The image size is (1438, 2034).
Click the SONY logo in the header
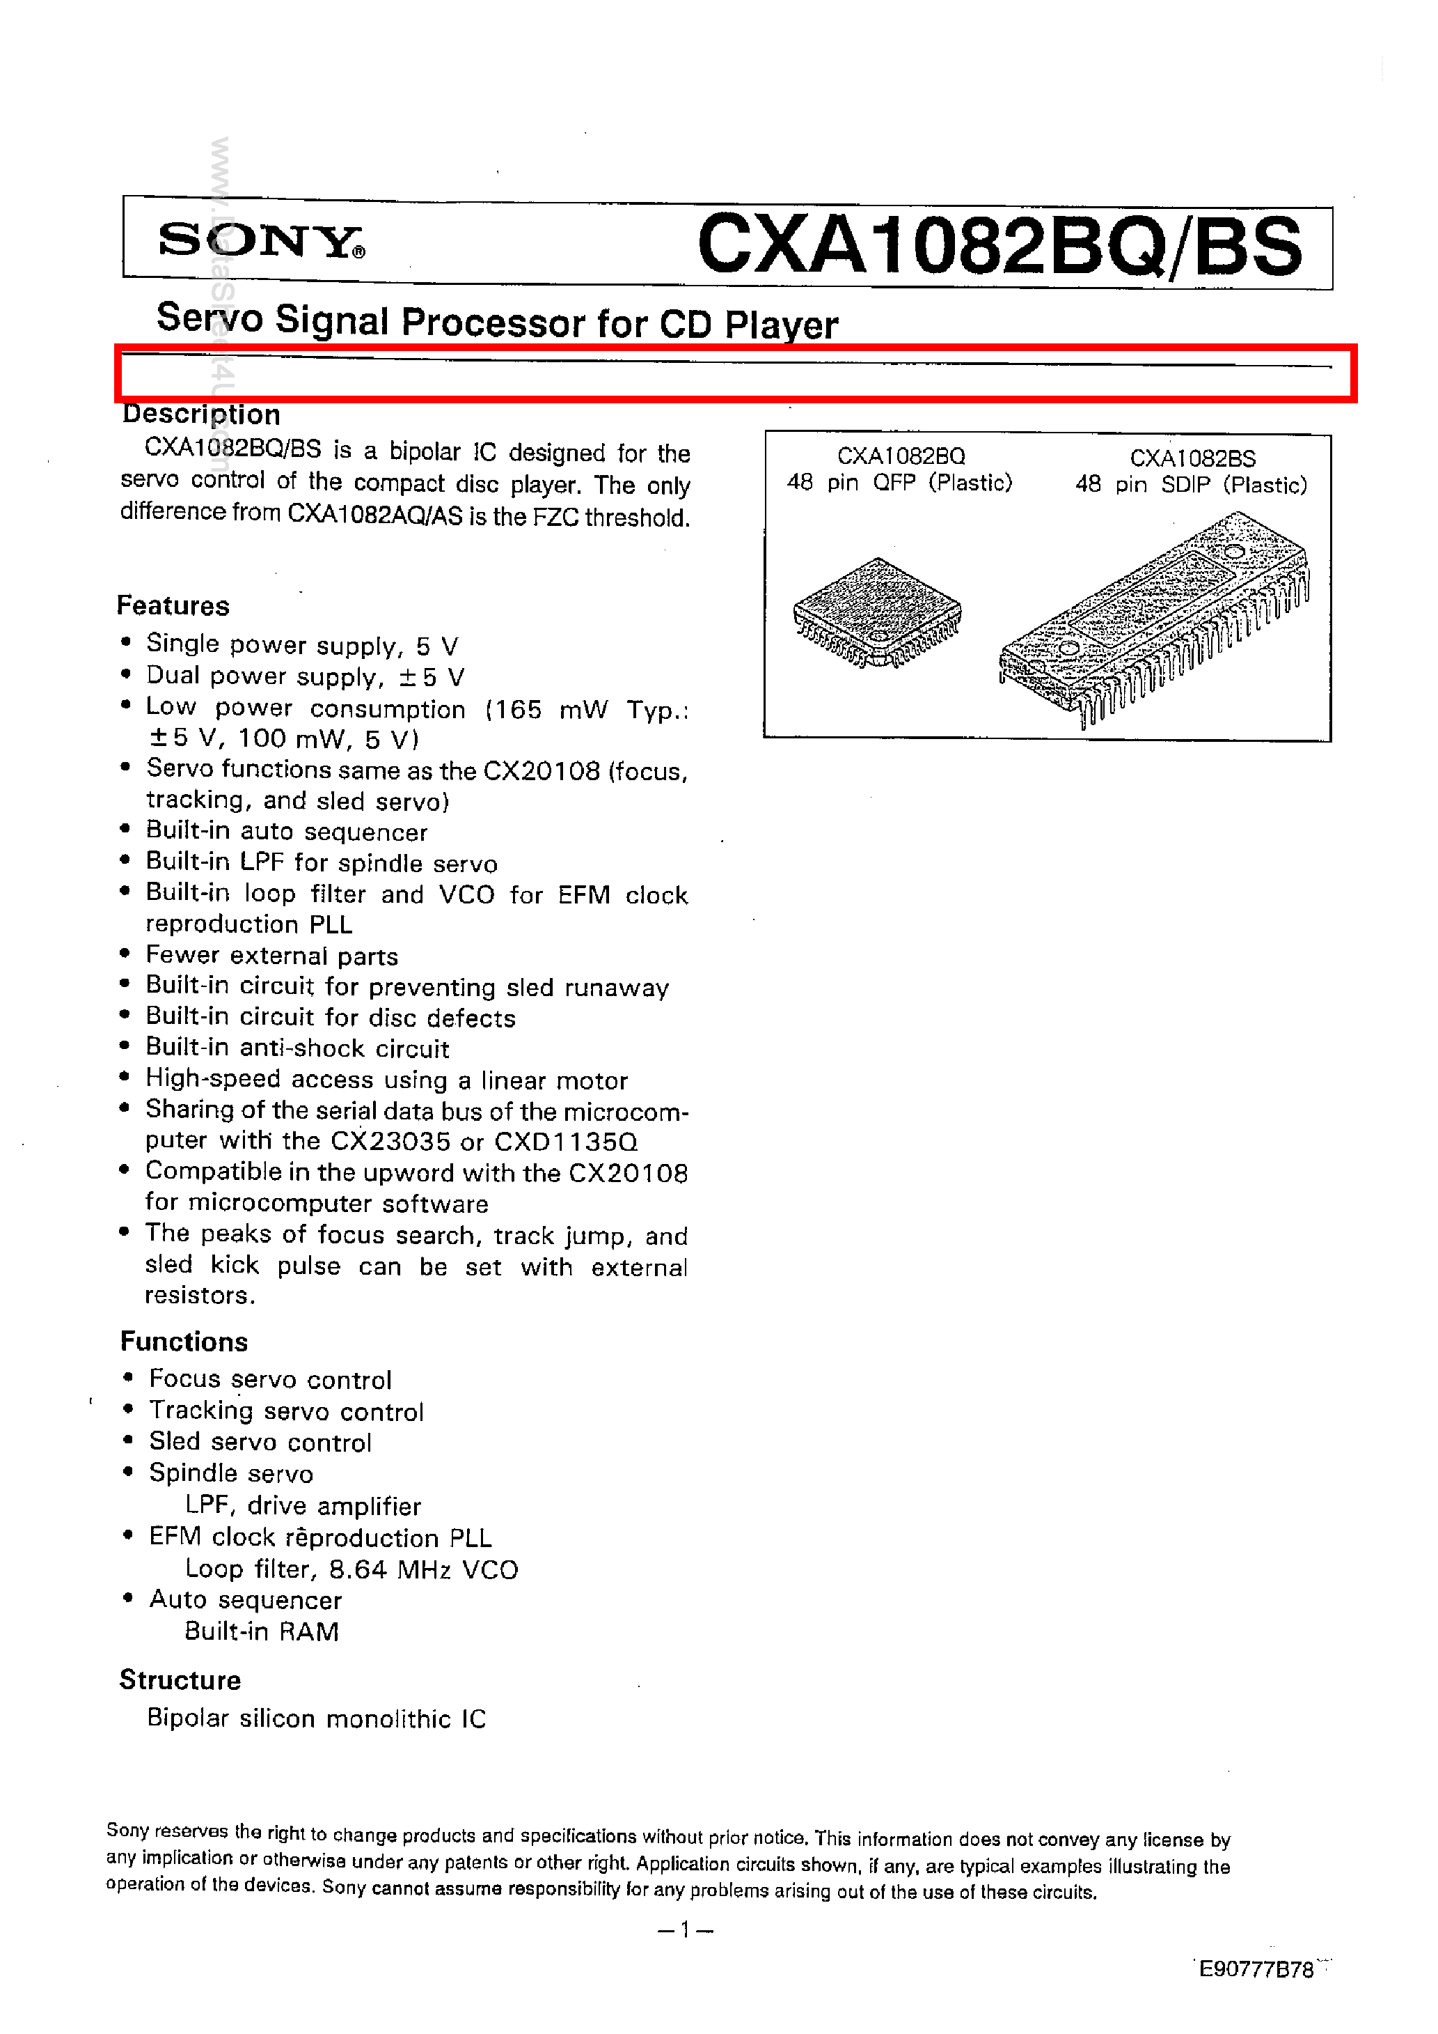260,240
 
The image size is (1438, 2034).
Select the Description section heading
201,414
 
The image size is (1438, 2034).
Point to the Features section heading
173,606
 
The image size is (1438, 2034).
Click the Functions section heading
184,1342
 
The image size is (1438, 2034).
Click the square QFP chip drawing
876,612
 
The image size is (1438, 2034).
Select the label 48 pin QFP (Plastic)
899,483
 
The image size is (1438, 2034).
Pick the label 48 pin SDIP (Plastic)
1191,485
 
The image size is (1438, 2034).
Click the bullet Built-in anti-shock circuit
297,1048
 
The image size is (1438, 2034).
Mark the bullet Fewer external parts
272,956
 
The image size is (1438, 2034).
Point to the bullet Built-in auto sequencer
287,832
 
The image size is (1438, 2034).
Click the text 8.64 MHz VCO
423,1570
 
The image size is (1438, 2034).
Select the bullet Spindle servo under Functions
231,1473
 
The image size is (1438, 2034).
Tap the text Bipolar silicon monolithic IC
316,1718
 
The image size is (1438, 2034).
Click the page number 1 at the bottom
684,1930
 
